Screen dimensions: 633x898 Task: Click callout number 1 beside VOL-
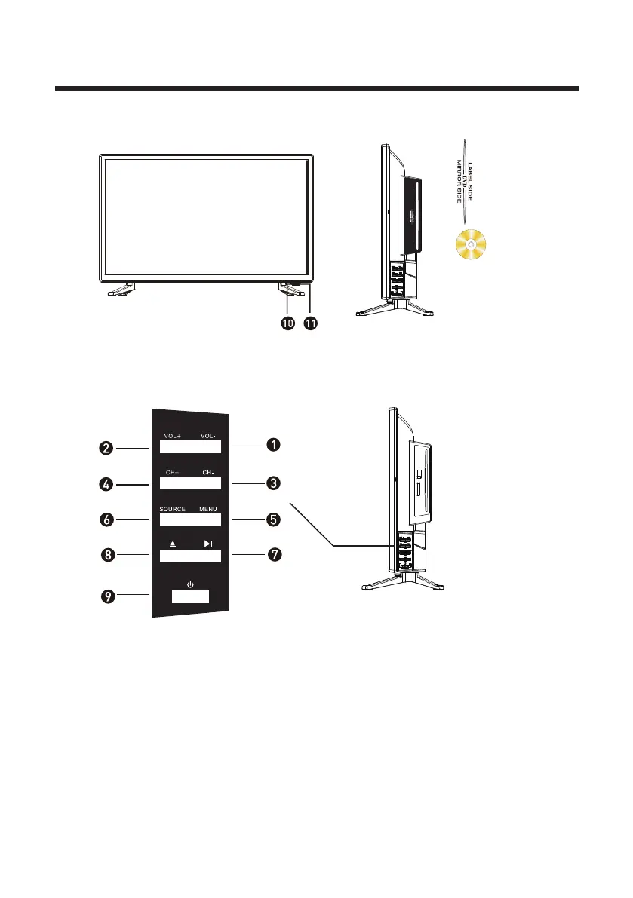pos(272,446)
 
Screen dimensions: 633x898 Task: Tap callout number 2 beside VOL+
pos(108,447)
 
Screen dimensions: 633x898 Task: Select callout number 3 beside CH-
pos(272,483)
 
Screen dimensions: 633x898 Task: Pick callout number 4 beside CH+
pos(108,483)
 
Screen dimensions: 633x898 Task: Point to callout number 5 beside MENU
pos(272,519)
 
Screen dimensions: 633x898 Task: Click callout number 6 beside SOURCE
pos(108,519)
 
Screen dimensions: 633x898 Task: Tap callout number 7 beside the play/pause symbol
pos(272,555)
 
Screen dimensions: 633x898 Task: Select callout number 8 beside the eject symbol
pos(108,556)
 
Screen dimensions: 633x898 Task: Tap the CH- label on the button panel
pos(208,473)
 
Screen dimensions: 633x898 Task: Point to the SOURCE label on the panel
pos(172,509)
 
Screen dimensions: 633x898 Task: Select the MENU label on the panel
pos(207,509)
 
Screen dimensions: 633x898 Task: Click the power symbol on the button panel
pos(190,583)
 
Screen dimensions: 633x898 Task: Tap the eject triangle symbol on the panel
pos(172,544)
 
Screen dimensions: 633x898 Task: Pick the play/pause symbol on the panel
pos(208,544)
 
